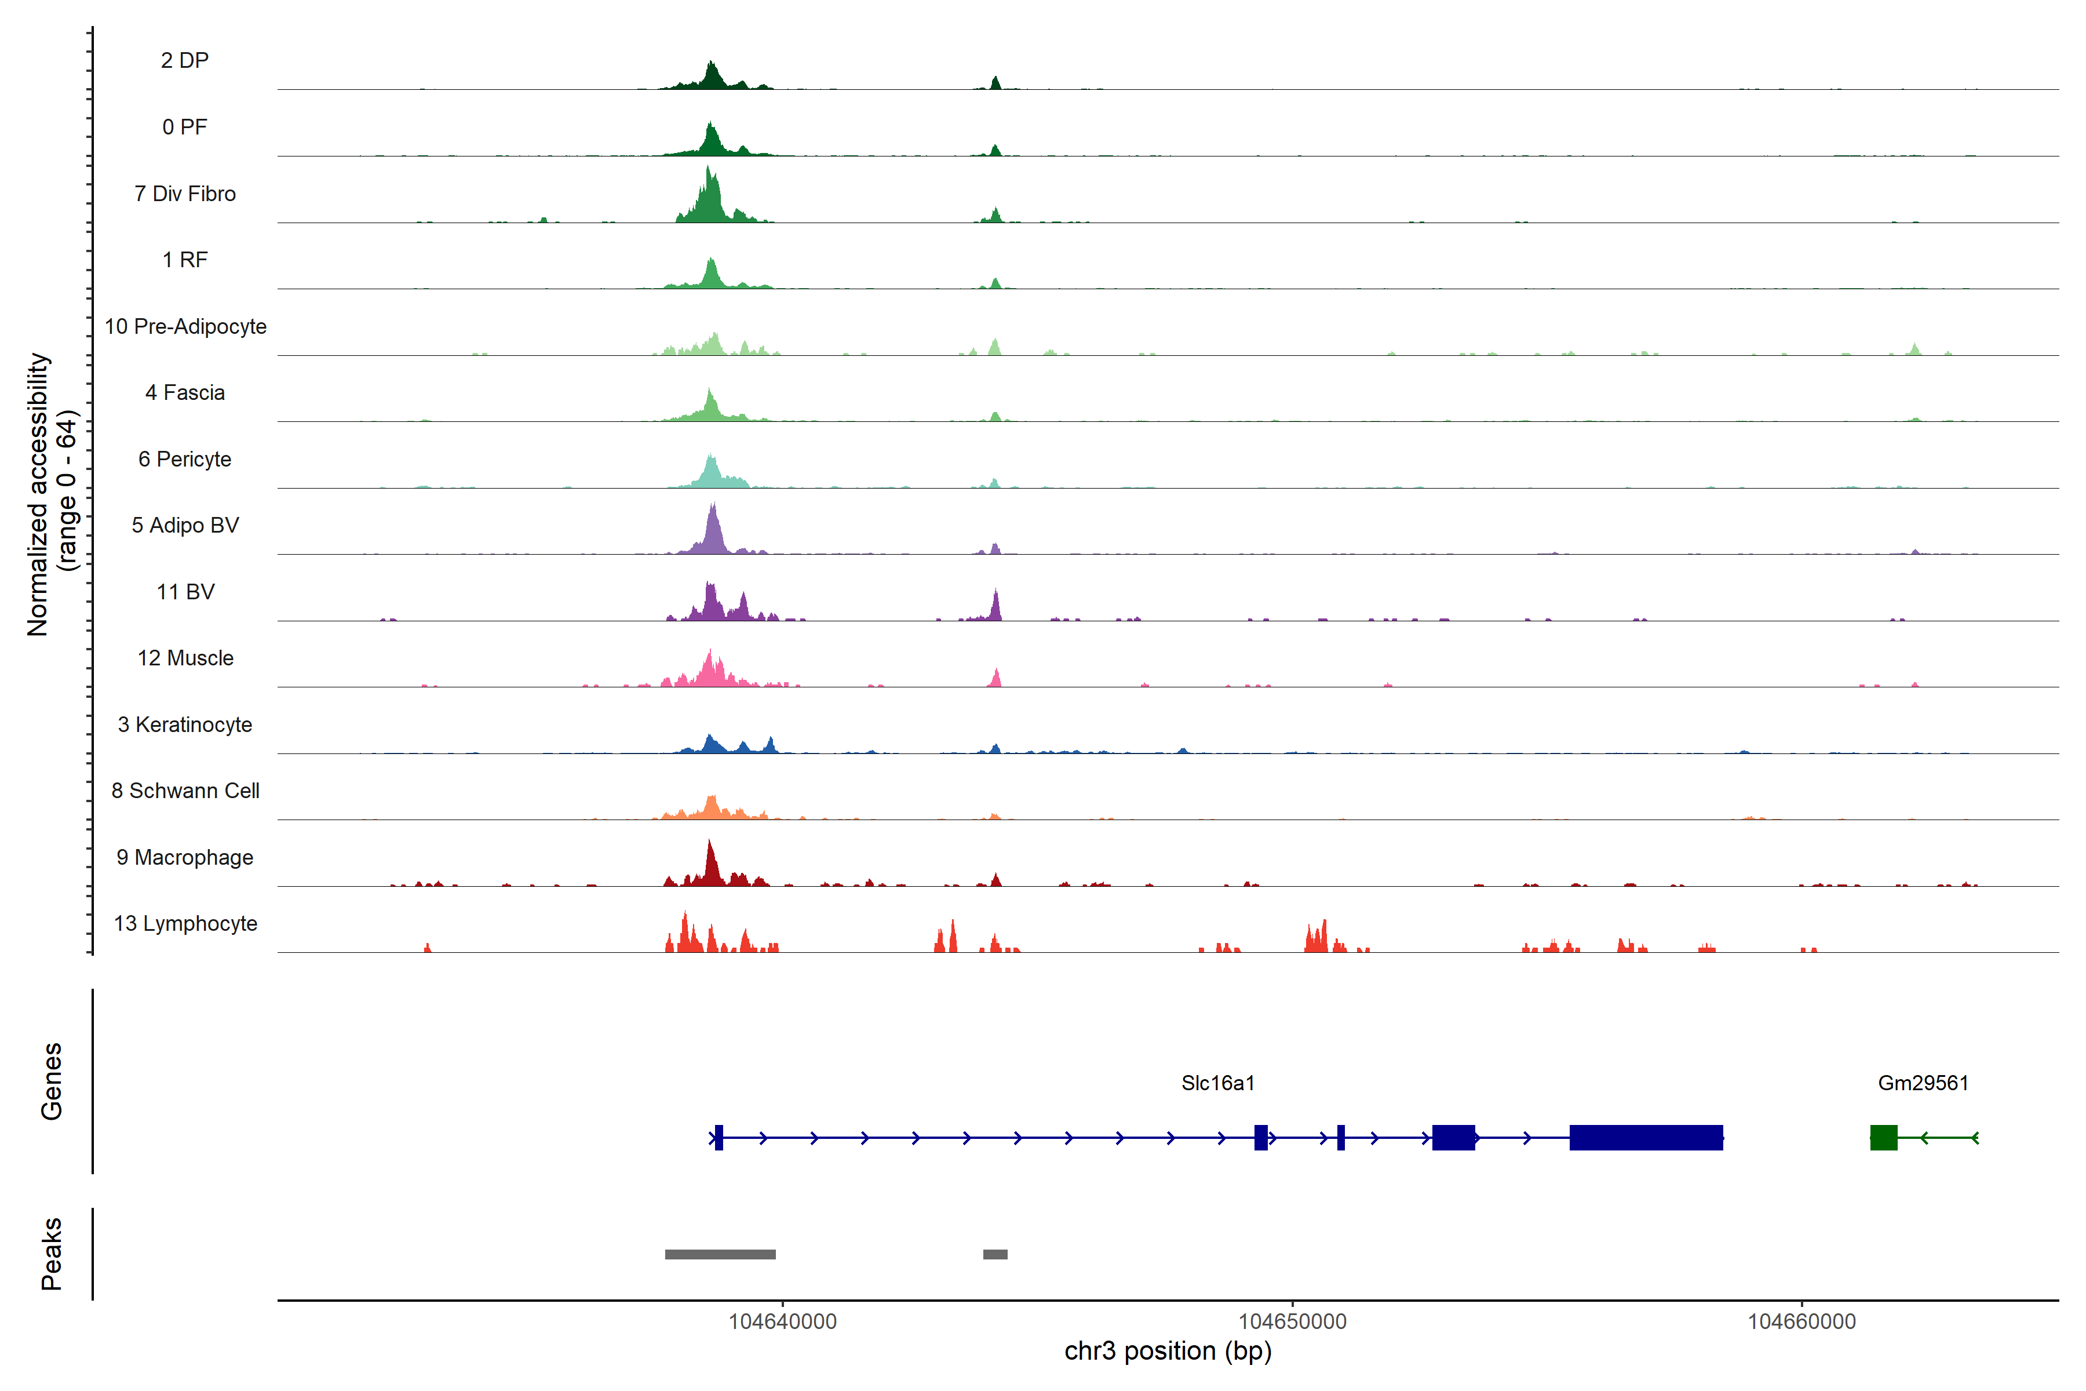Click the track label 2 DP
pyautogui.click(x=184, y=60)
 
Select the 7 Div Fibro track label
pyautogui.click(x=184, y=194)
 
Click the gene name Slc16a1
pyautogui.click(x=1218, y=1083)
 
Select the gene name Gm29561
pyautogui.click(x=1923, y=1083)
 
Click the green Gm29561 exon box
pyautogui.click(x=1883, y=1137)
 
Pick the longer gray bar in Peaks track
pyautogui.click(x=720, y=1254)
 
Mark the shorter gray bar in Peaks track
pyautogui.click(x=995, y=1254)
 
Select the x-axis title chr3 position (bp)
pyautogui.click(x=1167, y=1351)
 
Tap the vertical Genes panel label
pyautogui.click(x=52, y=1082)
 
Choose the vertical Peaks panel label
pyautogui.click(x=52, y=1254)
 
